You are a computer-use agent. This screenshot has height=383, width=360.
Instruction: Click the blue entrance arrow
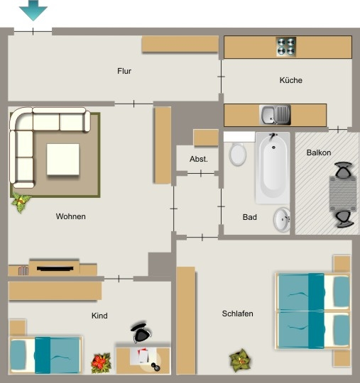point(33,10)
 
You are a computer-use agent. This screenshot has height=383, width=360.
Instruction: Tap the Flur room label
point(124,71)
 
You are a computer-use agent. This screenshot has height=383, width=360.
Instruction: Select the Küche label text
point(291,80)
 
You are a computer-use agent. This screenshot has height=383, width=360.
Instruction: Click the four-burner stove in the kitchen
point(286,47)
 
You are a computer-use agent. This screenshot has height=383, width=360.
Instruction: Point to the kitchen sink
point(275,115)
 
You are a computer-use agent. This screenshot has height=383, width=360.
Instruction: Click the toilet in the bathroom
point(237,153)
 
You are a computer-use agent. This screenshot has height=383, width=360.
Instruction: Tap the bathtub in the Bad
point(273,168)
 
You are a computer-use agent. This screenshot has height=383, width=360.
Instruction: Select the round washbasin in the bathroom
point(282,220)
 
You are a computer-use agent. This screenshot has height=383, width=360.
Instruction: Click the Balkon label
point(319,152)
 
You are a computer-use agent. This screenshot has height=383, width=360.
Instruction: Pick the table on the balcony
point(343,194)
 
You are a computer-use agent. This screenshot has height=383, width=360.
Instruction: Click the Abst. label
point(199,160)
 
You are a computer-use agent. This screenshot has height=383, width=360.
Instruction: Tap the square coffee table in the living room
point(63,160)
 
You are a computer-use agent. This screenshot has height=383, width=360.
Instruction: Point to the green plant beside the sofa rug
point(21,202)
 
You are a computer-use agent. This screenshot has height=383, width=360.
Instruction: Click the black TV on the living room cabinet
point(55,269)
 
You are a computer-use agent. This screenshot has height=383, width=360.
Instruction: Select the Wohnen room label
point(71,216)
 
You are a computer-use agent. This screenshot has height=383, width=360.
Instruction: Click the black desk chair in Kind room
point(141,332)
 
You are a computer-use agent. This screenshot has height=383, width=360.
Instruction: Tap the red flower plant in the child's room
point(101,363)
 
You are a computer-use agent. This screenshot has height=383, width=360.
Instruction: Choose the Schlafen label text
point(237,313)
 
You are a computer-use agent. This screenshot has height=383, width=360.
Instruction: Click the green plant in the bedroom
point(241,360)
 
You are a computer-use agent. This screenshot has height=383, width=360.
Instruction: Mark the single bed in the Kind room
point(45,355)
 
